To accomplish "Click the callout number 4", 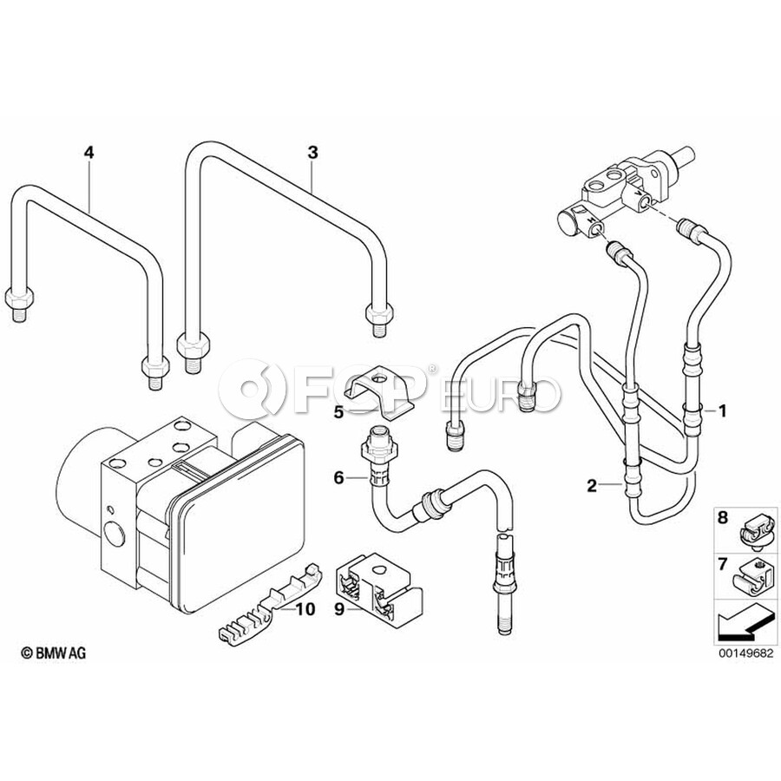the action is (x=89, y=153).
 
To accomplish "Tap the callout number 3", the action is (x=312, y=153).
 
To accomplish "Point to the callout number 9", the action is (x=339, y=609).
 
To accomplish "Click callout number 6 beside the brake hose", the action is (x=338, y=478).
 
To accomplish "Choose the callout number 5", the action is (x=338, y=412).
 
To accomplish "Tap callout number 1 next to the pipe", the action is (x=722, y=411).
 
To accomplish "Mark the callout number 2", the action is (x=592, y=486).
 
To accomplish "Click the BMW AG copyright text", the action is (x=53, y=653).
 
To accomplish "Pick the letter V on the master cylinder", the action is (x=638, y=192).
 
